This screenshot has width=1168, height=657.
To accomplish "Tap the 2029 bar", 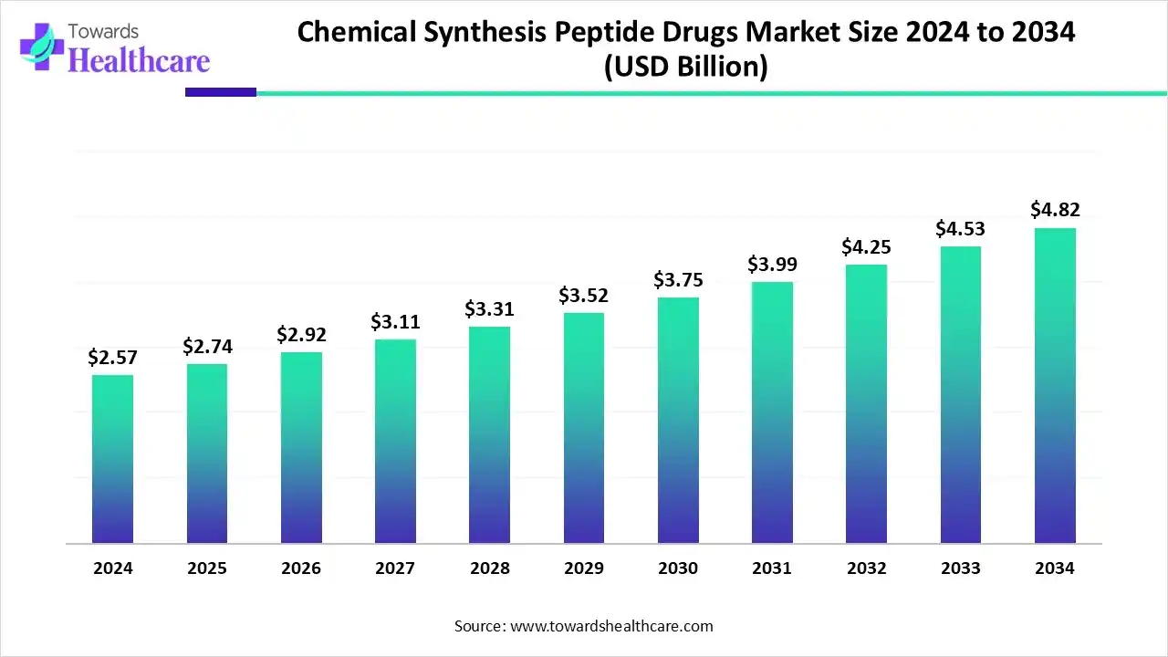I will [584, 428].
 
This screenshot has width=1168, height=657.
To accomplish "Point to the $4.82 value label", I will [1055, 210].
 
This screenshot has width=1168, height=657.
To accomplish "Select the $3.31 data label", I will [489, 309].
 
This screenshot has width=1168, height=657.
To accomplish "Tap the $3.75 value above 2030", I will [678, 280].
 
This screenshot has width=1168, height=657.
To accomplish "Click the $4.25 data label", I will [867, 247].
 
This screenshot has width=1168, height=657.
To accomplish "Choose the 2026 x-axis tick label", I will [301, 568].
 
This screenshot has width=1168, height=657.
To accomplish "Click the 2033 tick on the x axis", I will [960, 568].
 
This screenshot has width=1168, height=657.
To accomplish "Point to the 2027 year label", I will [395, 568].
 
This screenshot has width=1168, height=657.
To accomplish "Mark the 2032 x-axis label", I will [866, 568].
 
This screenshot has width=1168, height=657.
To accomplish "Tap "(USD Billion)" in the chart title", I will [686, 68].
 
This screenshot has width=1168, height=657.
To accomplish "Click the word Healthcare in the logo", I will [140, 59].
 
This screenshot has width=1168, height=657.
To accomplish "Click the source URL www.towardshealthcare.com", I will [611, 626].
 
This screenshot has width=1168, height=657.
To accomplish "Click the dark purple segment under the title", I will [221, 92].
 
